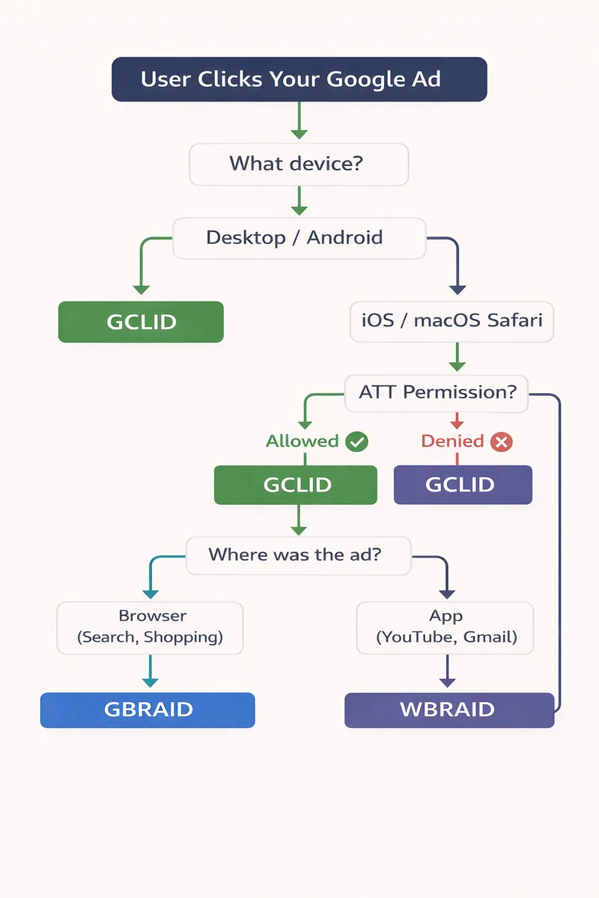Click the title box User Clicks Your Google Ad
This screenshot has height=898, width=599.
pyautogui.click(x=299, y=79)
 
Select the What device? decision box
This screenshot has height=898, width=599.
pyautogui.click(x=299, y=164)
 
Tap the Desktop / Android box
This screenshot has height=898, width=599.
pyautogui.click(x=299, y=238)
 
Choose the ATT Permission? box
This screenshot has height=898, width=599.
pyautogui.click(x=437, y=393)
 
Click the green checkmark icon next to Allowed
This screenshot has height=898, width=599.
pyautogui.click(x=356, y=442)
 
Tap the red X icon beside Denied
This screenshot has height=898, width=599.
pyautogui.click(x=501, y=442)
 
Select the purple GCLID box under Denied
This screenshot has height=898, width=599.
pyautogui.click(x=463, y=484)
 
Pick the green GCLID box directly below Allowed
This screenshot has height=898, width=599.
pyautogui.click(x=296, y=484)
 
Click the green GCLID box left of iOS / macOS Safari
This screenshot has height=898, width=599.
pyautogui.click(x=141, y=322)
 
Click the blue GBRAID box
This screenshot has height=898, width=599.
pyautogui.click(x=148, y=709)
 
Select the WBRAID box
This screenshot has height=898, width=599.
pyautogui.click(x=449, y=709)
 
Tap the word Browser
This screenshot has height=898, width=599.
pyautogui.click(x=153, y=616)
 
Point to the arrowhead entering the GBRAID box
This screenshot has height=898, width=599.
pyautogui.click(x=150, y=682)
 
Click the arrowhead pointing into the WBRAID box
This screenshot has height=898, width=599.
pyautogui.click(x=447, y=682)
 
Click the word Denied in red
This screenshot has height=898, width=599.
pyautogui.click(x=452, y=442)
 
